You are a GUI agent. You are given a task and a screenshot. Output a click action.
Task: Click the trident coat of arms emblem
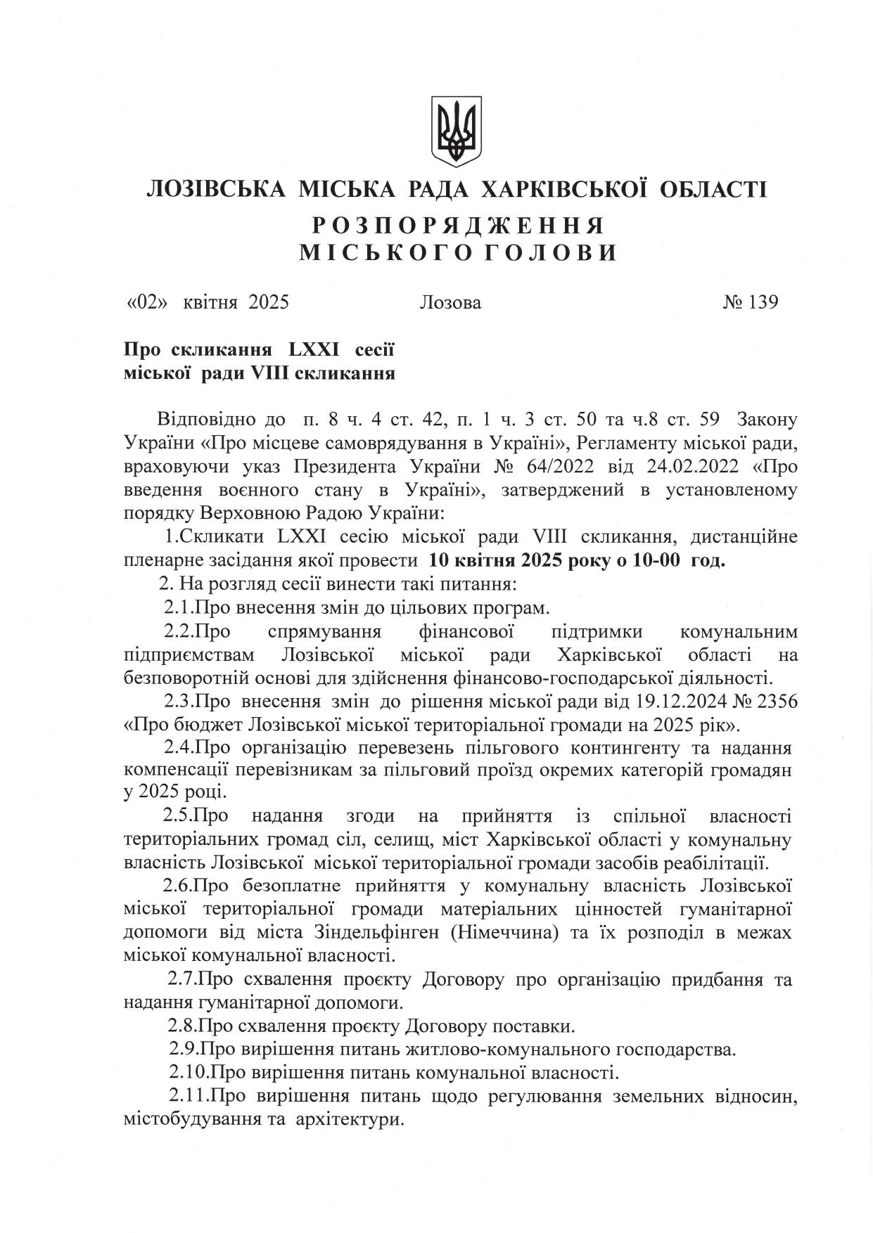tap(457, 131)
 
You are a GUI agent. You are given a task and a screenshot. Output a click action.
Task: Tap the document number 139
tap(763, 302)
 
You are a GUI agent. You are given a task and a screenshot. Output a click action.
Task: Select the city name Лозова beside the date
tap(450, 303)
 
